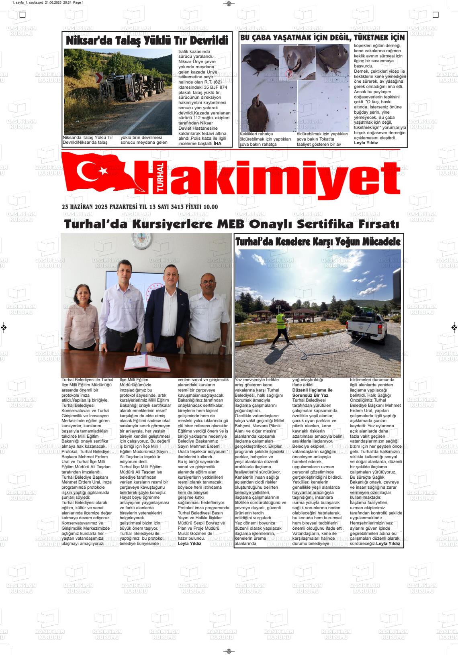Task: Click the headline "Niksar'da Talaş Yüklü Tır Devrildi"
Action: pyautogui.click(x=147, y=41)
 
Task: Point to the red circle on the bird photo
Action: pyautogui.click(x=289, y=73)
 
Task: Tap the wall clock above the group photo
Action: pyautogui.click(x=141, y=241)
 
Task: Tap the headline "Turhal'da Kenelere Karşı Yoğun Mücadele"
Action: pyautogui.click(x=318, y=242)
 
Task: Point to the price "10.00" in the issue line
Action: pyautogui.click(x=211, y=207)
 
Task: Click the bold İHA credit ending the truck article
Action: pyautogui.click(x=217, y=143)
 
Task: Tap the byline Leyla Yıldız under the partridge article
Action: pyautogui.click(x=366, y=143)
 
